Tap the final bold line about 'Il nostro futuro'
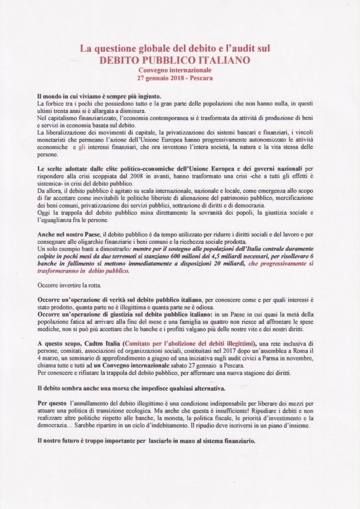click(x=146, y=440)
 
